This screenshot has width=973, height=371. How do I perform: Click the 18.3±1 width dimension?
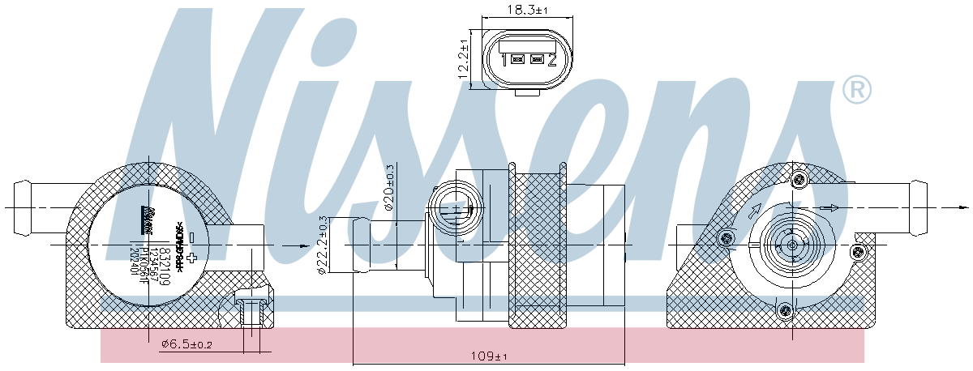point(528,10)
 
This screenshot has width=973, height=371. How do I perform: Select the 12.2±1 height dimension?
point(463,59)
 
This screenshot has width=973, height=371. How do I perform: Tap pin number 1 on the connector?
point(504,60)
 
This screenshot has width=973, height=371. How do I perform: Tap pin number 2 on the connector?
point(551,60)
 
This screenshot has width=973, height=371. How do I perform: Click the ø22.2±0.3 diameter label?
point(323,245)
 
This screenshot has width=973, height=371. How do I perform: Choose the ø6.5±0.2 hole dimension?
point(187,344)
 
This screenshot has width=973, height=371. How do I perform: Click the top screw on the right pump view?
point(799,179)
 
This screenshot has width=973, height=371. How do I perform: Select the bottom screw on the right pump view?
point(784,309)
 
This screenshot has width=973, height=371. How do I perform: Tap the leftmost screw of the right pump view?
point(726,238)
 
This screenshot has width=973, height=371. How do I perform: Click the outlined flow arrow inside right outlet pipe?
point(829,208)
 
